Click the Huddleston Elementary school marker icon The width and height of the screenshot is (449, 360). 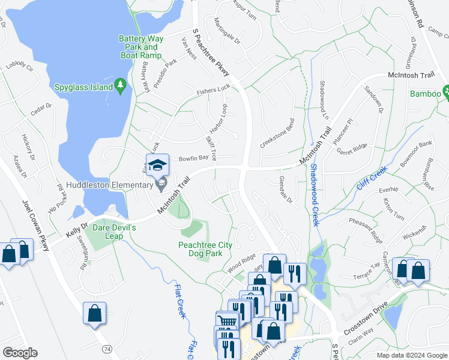158,166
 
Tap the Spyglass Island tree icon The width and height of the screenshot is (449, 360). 121,87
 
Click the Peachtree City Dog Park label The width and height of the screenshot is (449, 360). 200,248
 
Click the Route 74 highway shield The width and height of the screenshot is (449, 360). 107,349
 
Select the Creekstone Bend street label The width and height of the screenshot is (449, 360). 277,135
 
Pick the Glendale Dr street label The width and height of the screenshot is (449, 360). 286,189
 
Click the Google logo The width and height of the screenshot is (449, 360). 20,353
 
